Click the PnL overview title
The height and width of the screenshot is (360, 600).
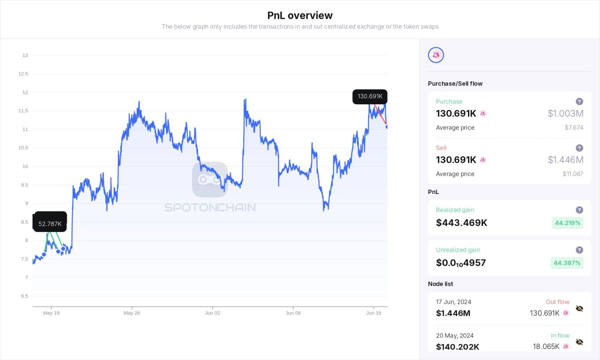[x=300, y=16]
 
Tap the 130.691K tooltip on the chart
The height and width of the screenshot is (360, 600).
[x=370, y=96]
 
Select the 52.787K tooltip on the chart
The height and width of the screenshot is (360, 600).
[x=50, y=224]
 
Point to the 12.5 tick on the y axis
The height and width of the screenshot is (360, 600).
[x=23, y=74]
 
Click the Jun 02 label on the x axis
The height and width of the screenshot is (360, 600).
[x=212, y=313]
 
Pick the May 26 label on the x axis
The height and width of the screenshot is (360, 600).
[x=132, y=313]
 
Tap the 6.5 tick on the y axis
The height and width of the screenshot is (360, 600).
[x=25, y=296]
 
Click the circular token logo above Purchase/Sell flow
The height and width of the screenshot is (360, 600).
[x=436, y=55]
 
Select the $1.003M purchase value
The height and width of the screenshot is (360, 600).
[x=565, y=114]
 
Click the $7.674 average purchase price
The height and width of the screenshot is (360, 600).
[x=573, y=128]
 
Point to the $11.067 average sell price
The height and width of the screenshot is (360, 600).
[x=573, y=174]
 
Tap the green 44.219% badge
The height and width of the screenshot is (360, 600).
[x=568, y=223]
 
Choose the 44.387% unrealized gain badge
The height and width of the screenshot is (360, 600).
[x=567, y=263]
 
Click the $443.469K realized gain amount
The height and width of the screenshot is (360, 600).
[x=461, y=223]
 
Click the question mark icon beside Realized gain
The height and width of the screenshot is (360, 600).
[x=579, y=210]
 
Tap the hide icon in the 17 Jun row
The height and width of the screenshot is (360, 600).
[x=579, y=308]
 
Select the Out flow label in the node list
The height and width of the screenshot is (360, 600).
[x=557, y=302]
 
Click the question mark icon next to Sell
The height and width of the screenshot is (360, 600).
[x=579, y=148]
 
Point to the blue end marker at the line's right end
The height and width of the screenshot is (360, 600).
[x=387, y=127]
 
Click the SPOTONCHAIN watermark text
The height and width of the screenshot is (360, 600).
[x=210, y=207]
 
